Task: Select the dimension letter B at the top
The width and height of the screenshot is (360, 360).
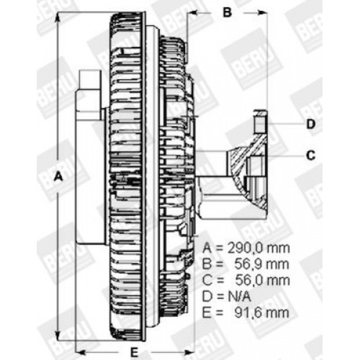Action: click(226, 12)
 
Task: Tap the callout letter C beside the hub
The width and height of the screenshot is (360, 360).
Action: click(311, 153)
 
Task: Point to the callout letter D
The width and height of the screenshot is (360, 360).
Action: click(311, 124)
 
